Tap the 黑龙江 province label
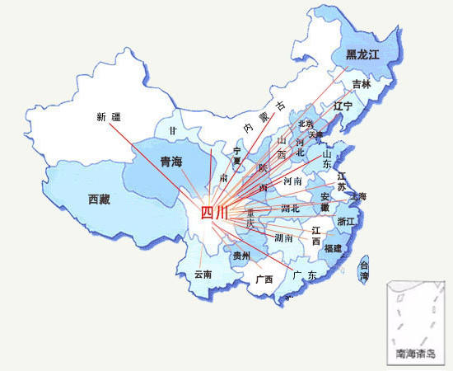(362, 56)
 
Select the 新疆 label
(109, 117)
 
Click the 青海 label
(171, 162)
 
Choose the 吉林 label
(362, 84)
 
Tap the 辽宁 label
(343, 107)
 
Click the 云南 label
(203, 274)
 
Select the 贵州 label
(242, 256)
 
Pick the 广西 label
(264, 279)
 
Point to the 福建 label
(334, 247)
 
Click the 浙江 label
(347, 222)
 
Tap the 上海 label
(358, 196)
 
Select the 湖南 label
(284, 238)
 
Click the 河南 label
(292, 180)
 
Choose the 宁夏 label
(238, 156)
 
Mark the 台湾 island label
(364, 272)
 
